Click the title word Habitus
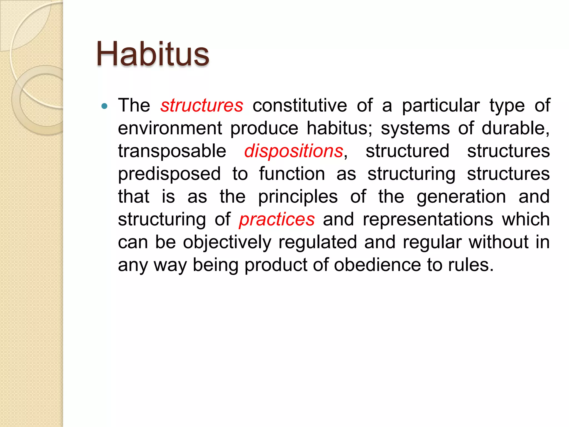[153, 54]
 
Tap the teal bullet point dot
[104, 106]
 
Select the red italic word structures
[202, 106]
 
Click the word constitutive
[300, 106]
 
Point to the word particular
[441, 106]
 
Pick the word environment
[170, 128]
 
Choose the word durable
[515, 128]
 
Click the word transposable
[172, 151]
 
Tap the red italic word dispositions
[294, 151]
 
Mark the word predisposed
[169, 174]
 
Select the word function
[292, 174]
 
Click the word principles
[298, 197]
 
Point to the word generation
[461, 197]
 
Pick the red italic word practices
[277, 220]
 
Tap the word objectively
[227, 242]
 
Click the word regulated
[318, 242]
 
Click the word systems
[415, 128]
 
